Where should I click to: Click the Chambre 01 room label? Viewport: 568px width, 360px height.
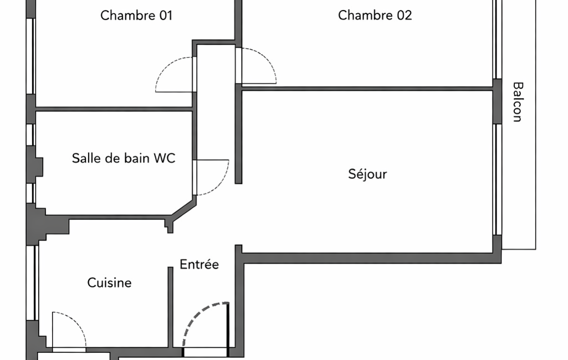tap(136, 16)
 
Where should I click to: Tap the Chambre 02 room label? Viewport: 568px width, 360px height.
tap(375, 16)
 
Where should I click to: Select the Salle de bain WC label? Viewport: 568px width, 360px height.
tap(123, 158)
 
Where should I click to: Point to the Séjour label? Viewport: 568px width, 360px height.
tap(367, 174)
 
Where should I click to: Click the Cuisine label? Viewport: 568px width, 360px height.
tap(110, 283)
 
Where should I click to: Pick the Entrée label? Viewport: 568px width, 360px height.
tap(199, 265)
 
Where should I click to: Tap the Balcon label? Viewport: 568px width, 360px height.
tap(518, 102)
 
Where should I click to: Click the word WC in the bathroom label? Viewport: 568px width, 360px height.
tap(165, 158)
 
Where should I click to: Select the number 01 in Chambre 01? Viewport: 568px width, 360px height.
tap(165, 16)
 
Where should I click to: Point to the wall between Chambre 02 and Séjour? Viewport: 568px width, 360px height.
tap(366, 88)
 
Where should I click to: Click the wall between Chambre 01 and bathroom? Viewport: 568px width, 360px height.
tap(114, 109)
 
